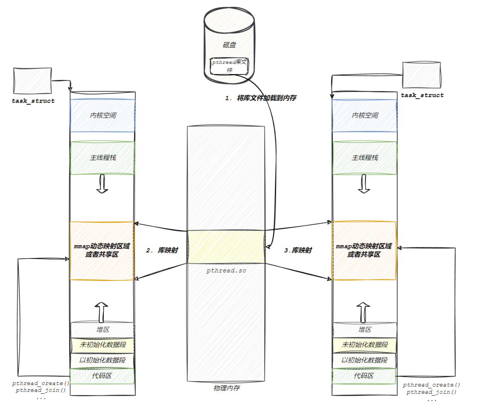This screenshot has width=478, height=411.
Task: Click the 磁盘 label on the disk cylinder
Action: (229, 45)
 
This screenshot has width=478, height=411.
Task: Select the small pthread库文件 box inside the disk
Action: (229, 66)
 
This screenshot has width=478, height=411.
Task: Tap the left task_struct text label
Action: (34, 101)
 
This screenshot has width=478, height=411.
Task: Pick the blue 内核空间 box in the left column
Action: (102, 115)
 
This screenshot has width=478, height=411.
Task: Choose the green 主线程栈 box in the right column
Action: (364, 158)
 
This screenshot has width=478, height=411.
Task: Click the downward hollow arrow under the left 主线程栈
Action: (102, 184)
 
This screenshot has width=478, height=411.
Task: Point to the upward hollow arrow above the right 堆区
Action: (364, 311)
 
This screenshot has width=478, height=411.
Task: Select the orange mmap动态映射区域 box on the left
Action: (102, 250)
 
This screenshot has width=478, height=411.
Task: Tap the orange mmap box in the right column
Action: (364, 250)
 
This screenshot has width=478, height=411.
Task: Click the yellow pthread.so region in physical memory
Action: (226, 247)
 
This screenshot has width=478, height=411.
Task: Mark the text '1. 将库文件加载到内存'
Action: (261, 98)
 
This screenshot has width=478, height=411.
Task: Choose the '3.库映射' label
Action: (298, 250)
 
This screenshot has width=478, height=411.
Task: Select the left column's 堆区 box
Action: (102, 330)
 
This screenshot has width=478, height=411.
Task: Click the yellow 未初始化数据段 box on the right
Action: (364, 345)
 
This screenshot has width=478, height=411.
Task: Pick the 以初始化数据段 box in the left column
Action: (102, 360)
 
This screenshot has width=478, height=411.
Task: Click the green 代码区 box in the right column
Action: (364, 376)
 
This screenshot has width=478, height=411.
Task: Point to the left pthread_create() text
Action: (41, 383)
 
